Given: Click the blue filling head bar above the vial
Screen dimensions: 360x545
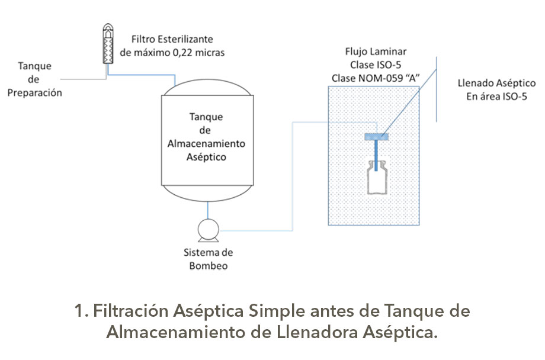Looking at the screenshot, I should click(377, 137).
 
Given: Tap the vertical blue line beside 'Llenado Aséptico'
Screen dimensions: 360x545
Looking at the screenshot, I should click(437, 89).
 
